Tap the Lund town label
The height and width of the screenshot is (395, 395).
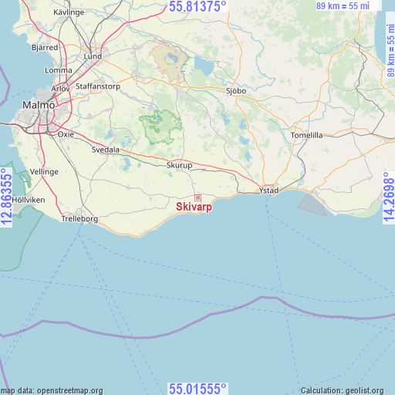point(93,56)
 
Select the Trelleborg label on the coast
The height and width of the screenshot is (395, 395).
point(79,219)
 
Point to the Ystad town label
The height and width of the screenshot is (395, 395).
point(268,190)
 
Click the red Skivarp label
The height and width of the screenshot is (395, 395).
point(194,207)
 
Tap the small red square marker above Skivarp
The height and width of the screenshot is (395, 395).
point(197,197)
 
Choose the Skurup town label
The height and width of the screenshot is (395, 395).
point(180,165)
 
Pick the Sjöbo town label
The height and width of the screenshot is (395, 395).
point(235,90)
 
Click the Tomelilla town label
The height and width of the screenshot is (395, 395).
point(307,135)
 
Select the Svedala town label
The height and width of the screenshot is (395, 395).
point(106,150)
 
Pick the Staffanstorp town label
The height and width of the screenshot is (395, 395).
point(98,86)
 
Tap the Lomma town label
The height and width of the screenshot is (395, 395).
point(59,70)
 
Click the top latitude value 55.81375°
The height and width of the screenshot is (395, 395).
point(197,6)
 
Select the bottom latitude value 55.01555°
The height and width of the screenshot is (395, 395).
point(197,388)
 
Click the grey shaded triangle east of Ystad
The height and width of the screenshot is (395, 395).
point(311,204)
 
